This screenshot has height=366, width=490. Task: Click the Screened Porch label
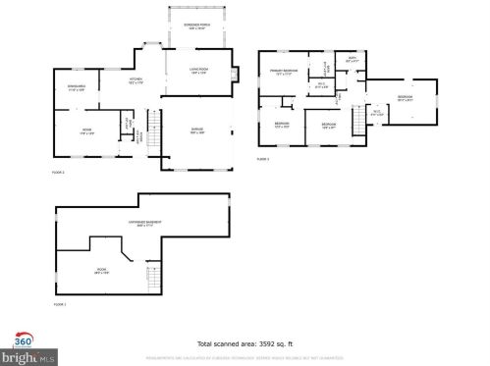point(196,26)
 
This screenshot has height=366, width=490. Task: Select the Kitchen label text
point(137,80)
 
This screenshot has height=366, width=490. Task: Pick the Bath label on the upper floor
point(354,61)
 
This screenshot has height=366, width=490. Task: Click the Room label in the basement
point(100,273)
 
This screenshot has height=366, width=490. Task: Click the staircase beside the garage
point(151,126)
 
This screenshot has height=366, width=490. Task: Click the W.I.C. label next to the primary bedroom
point(321,84)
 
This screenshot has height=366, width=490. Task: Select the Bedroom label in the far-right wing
point(405,97)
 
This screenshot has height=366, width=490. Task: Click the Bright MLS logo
point(18,355)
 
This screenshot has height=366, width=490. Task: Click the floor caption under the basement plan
point(59,304)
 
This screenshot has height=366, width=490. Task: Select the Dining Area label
point(76,86)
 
